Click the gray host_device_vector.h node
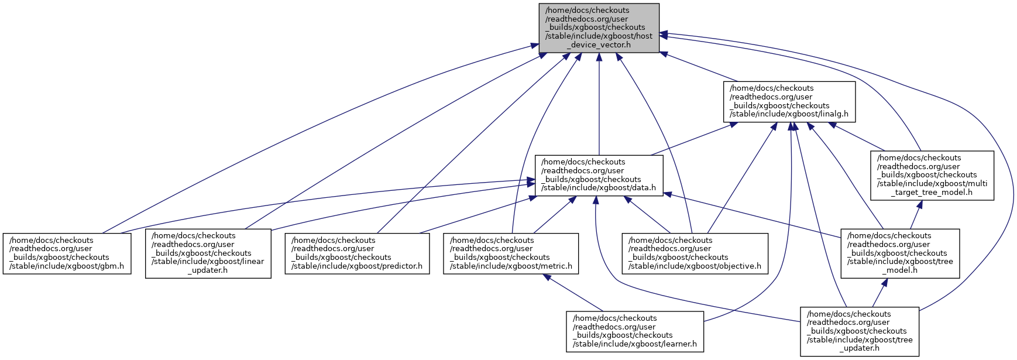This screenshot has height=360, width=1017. pos(599,28)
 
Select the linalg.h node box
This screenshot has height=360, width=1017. pos(789,101)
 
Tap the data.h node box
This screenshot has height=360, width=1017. pos(599,175)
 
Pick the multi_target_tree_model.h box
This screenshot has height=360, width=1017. pos(932,175)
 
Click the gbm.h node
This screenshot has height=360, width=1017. pos(67,253)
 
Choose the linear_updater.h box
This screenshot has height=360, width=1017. pos(208,253)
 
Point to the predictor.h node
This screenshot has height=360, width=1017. pos(357,253)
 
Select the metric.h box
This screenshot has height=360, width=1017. pos(511,253)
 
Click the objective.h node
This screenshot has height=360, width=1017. pos(695,253)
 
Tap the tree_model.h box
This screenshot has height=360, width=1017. pos(900,253)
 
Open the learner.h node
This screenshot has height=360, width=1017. pos(635,331)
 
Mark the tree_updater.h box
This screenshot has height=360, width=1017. pos(860,331)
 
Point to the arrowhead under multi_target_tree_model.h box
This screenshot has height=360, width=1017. pos(920,205)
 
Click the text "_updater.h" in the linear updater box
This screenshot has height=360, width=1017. pos(208,270)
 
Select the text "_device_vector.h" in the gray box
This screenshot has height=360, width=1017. pos(599,44)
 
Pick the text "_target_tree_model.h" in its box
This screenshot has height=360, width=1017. pos(932,192)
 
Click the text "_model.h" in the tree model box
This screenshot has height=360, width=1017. pos(900,270)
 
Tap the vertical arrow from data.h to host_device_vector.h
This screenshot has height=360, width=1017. pos(599,105)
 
